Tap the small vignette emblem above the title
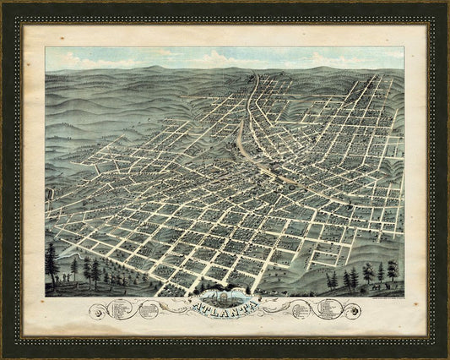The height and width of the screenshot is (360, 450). coord(225,297)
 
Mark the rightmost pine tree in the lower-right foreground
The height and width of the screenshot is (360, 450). coord(392,271)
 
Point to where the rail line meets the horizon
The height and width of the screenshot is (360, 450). coord(254,74)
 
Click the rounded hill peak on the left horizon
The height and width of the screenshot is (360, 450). coord(127,69)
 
